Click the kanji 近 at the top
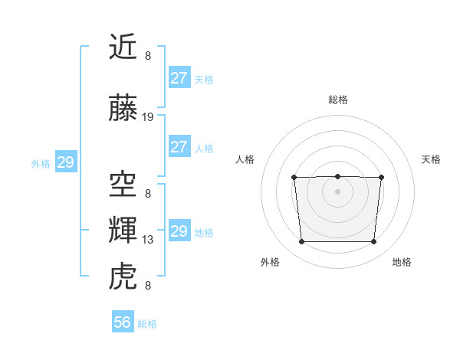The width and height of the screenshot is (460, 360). (x=123, y=48)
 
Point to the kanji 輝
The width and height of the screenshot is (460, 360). (x=123, y=230)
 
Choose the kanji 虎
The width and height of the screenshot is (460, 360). (x=123, y=276)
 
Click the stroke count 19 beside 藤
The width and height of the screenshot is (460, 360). (x=148, y=117)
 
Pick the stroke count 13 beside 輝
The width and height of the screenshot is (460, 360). (x=148, y=240)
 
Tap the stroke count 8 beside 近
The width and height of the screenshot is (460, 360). (x=148, y=56)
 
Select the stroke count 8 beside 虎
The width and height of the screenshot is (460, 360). (x=148, y=286)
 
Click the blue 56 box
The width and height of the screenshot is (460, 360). (x=123, y=322)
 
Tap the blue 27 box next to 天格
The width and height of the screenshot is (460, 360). (x=179, y=78)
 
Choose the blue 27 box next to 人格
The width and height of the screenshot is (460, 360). (x=179, y=147)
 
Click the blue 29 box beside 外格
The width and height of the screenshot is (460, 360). (x=65, y=162)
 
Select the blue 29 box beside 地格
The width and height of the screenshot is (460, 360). (x=179, y=231)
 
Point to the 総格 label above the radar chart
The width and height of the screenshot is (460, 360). (x=337, y=100)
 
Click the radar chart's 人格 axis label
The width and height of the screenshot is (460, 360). (x=245, y=159)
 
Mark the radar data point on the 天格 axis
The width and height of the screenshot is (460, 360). (x=381, y=178)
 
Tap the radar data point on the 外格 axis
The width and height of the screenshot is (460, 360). (x=301, y=242)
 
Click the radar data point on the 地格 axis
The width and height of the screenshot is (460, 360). (x=374, y=242)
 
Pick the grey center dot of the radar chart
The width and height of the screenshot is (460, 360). (x=337, y=191)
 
